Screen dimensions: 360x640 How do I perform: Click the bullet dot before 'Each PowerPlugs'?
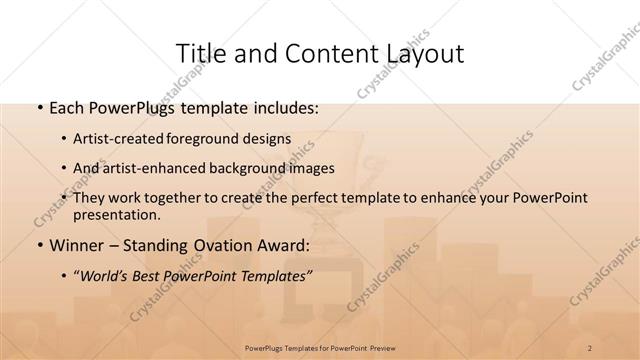pyautogui.click(x=38, y=105)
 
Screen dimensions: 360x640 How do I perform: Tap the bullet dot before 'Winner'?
pyautogui.click(x=38, y=244)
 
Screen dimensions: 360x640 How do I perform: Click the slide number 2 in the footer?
pyautogui.click(x=590, y=347)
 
